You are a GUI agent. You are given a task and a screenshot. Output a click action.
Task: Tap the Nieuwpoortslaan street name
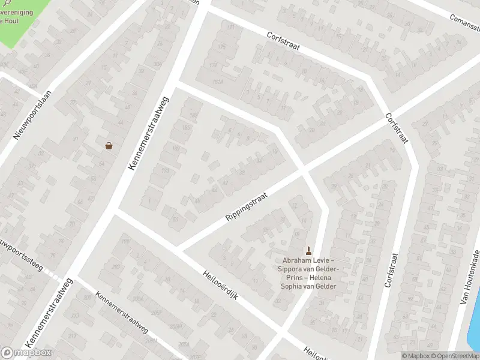tap(33, 115)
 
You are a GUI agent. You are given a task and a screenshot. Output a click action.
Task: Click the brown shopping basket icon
tap(109, 145)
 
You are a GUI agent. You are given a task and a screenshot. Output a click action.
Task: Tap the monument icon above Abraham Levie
tap(309, 250)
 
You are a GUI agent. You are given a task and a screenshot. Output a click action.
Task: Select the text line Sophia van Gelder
tap(308, 286)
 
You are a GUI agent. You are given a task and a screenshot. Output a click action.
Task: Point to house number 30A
tap(158, 64)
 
